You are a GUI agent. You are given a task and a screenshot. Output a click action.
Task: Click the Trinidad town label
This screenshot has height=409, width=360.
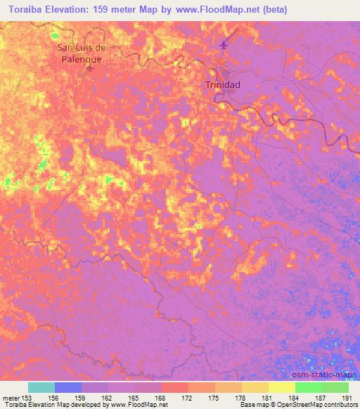click(x=222, y=84)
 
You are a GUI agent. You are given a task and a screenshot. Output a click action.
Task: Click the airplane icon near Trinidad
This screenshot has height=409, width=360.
click(x=224, y=46)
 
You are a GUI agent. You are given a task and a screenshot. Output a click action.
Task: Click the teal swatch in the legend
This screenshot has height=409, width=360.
click(x=41, y=387)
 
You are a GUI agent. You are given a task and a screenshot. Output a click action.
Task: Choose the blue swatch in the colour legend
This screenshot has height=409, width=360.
click(x=68, y=387)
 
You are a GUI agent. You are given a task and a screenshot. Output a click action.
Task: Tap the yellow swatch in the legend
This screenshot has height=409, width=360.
click(x=281, y=387)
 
